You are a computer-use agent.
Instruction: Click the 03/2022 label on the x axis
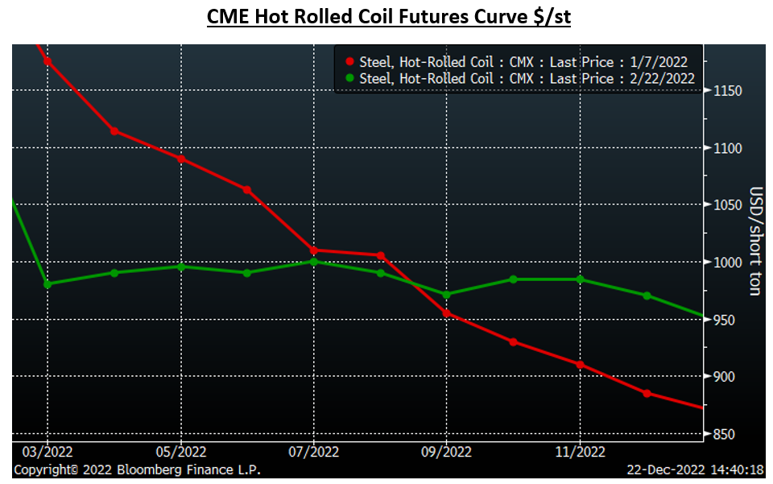48,453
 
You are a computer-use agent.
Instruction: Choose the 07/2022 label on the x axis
313,453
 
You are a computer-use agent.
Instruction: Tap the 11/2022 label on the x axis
580,453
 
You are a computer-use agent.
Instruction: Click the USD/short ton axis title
755,241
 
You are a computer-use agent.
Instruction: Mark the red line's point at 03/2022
48,62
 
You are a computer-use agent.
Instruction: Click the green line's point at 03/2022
48,284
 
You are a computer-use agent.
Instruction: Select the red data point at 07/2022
313,250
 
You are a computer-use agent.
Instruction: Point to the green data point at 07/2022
313,262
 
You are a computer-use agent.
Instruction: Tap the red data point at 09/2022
447,314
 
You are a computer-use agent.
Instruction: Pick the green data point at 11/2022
580,279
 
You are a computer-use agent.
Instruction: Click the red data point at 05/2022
181,159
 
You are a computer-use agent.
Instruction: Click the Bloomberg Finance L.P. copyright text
137,470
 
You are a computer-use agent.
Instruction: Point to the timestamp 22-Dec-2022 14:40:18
694,470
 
